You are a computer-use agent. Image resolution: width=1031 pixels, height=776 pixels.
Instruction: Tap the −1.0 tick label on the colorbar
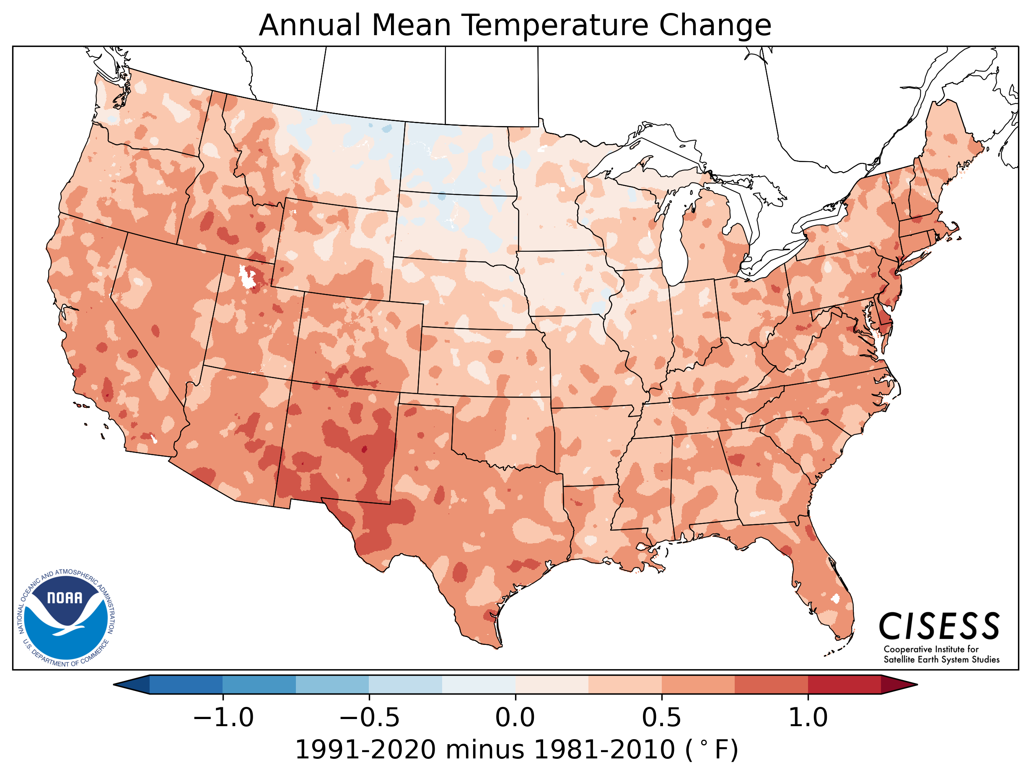coord(223,718)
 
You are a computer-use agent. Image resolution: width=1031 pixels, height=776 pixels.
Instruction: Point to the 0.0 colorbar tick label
coord(515,718)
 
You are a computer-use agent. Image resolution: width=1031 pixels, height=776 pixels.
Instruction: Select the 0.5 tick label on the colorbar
coord(661,718)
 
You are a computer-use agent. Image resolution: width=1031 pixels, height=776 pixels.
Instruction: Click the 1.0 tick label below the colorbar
coord(808,718)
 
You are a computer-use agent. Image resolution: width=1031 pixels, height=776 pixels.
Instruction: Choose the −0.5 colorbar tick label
coord(369,718)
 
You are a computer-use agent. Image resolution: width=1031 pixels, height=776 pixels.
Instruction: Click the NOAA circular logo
coord(66,618)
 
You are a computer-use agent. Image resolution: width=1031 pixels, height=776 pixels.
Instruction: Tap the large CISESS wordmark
coord(939,627)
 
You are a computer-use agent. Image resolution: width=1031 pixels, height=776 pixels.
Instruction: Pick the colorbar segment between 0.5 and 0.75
coord(698,685)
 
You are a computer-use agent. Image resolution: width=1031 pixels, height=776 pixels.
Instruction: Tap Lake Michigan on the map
coord(674,242)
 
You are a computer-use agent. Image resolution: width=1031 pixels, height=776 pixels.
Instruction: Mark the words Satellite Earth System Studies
coord(941,660)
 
